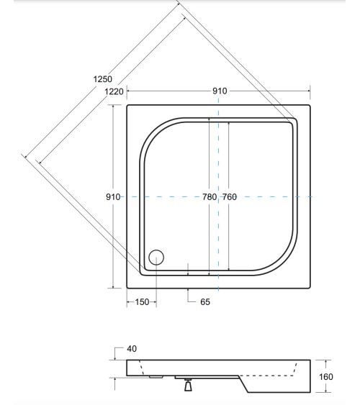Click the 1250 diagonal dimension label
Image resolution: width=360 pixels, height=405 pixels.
[102, 79]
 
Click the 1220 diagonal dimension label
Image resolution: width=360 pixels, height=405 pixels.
[114, 91]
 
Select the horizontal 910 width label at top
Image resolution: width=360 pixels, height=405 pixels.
[220, 91]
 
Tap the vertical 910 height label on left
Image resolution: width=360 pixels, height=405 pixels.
[113, 197]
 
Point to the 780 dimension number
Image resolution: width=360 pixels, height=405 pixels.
[210, 197]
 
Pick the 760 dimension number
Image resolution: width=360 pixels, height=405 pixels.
[230, 197]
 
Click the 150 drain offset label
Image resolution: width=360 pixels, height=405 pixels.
[142, 302]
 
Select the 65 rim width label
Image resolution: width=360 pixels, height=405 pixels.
[205, 302]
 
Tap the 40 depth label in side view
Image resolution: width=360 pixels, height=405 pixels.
[132, 349]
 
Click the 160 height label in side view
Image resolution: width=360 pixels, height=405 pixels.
[326, 377]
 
